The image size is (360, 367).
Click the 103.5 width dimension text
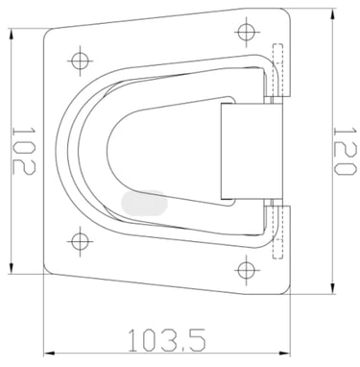click(x=167, y=339)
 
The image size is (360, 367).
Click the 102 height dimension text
click(x=24, y=151)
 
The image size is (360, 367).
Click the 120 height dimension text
click(x=345, y=151)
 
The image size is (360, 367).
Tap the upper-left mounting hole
click(x=80, y=61)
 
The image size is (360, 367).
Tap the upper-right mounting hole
click(x=246, y=32)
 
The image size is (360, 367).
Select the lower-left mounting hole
click(x=80, y=241)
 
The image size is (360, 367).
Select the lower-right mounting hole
click(x=246, y=270)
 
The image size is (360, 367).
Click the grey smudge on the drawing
click(x=145, y=203)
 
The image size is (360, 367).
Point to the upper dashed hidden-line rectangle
click(x=277, y=70)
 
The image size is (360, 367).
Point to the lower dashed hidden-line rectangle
click(x=277, y=232)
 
